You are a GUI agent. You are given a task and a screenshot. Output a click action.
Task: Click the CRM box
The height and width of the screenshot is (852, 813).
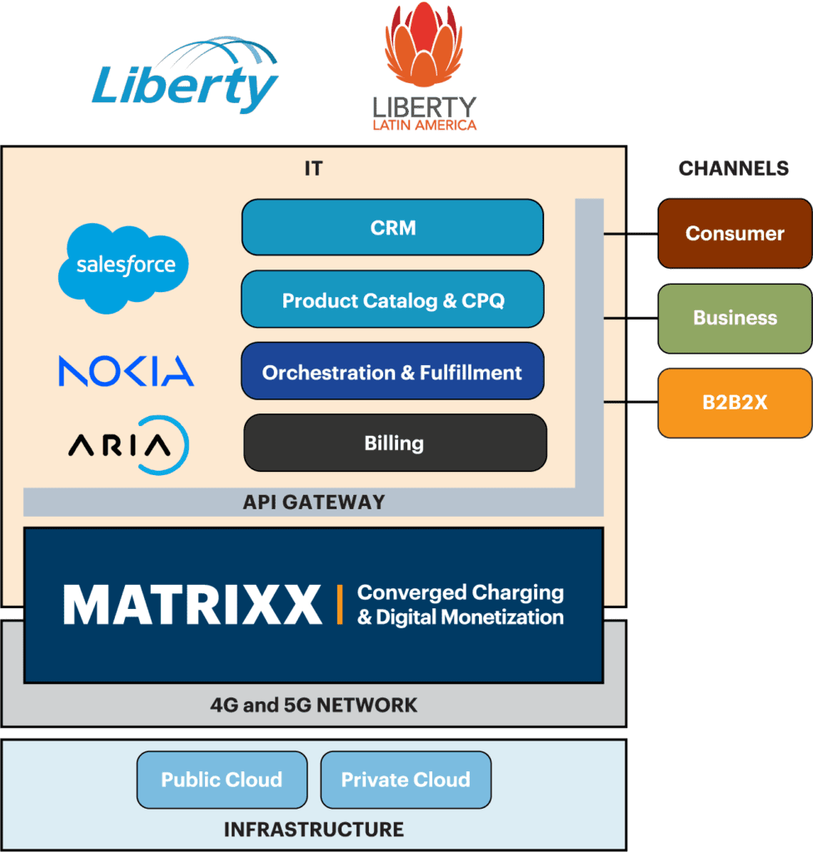392,227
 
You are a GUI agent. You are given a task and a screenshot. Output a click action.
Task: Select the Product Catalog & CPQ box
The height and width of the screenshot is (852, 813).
392,300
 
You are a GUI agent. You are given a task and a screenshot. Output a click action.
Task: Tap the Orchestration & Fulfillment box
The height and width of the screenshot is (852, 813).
392,372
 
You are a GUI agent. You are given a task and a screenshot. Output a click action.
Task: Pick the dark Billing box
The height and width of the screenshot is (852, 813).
394,443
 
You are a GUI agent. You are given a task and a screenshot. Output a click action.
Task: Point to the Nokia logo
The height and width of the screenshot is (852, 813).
126,371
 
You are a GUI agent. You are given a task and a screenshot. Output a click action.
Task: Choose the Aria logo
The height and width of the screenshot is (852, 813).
127,445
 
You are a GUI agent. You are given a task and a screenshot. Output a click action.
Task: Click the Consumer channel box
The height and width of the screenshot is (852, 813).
734,234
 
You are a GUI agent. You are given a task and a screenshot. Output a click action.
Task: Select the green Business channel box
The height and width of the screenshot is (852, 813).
734,318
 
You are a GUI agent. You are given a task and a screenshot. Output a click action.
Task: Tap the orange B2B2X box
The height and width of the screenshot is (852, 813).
734,403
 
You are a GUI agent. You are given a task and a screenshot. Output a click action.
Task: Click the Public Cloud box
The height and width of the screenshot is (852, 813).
222,780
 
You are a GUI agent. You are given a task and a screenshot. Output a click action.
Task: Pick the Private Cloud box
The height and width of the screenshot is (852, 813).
406,780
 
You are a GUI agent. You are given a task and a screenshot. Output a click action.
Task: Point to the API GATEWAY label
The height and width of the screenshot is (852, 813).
314,503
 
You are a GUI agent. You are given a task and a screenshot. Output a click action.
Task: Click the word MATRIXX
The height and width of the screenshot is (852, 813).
192,605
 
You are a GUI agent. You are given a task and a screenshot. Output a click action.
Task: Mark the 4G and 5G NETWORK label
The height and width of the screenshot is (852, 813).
313,706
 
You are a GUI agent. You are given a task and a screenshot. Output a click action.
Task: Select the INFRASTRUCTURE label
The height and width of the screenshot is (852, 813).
313,830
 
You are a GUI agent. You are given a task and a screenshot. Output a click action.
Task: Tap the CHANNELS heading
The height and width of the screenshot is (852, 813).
733,169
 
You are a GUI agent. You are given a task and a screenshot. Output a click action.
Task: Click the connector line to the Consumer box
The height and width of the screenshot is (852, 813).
631,235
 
